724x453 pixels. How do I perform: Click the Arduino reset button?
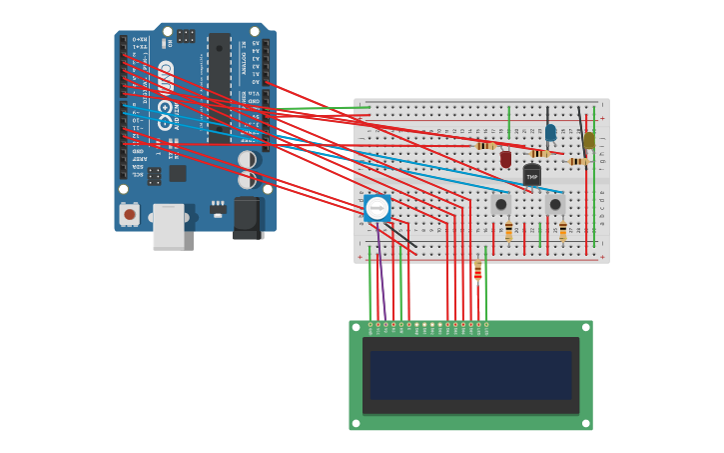[129, 214]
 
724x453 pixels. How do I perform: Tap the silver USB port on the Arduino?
[168, 227]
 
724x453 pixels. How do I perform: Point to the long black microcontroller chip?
[218, 85]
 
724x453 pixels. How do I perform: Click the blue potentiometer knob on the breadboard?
[377, 208]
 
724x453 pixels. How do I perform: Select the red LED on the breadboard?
[505, 159]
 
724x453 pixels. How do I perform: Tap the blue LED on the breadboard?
[550, 132]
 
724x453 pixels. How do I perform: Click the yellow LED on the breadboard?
[589, 141]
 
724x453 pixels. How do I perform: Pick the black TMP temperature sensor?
[531, 176]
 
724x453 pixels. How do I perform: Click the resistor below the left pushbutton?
[508, 231]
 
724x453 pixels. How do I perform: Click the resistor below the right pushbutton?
[563, 231]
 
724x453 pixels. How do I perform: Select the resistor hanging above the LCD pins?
[477, 271]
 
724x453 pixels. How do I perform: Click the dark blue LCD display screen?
[470, 375]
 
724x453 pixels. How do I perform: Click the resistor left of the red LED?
[485, 146]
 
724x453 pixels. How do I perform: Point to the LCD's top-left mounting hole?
[355, 326]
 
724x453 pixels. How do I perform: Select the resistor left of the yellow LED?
[576, 161]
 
